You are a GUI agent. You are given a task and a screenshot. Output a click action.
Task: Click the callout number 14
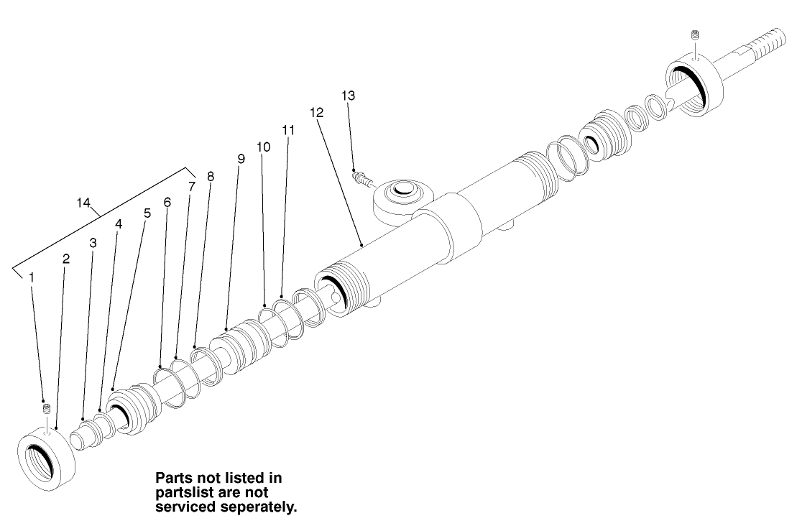click(x=83, y=203)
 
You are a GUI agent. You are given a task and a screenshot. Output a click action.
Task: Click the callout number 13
click(x=348, y=95)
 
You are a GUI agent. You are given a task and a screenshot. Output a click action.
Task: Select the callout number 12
click(x=317, y=113)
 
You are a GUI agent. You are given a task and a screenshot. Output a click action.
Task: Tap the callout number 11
click(x=288, y=130)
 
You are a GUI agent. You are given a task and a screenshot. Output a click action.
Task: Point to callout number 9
click(x=241, y=159)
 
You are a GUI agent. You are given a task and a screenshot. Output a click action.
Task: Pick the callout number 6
click(x=167, y=203)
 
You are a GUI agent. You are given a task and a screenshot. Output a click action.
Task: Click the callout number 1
click(x=31, y=276)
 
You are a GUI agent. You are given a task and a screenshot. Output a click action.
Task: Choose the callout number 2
click(x=66, y=259)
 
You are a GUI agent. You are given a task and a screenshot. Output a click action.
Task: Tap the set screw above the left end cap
click(x=46, y=409)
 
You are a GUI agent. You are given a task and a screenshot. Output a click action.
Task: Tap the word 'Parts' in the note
click(x=174, y=478)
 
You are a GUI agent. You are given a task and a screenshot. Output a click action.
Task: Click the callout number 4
click(x=119, y=223)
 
